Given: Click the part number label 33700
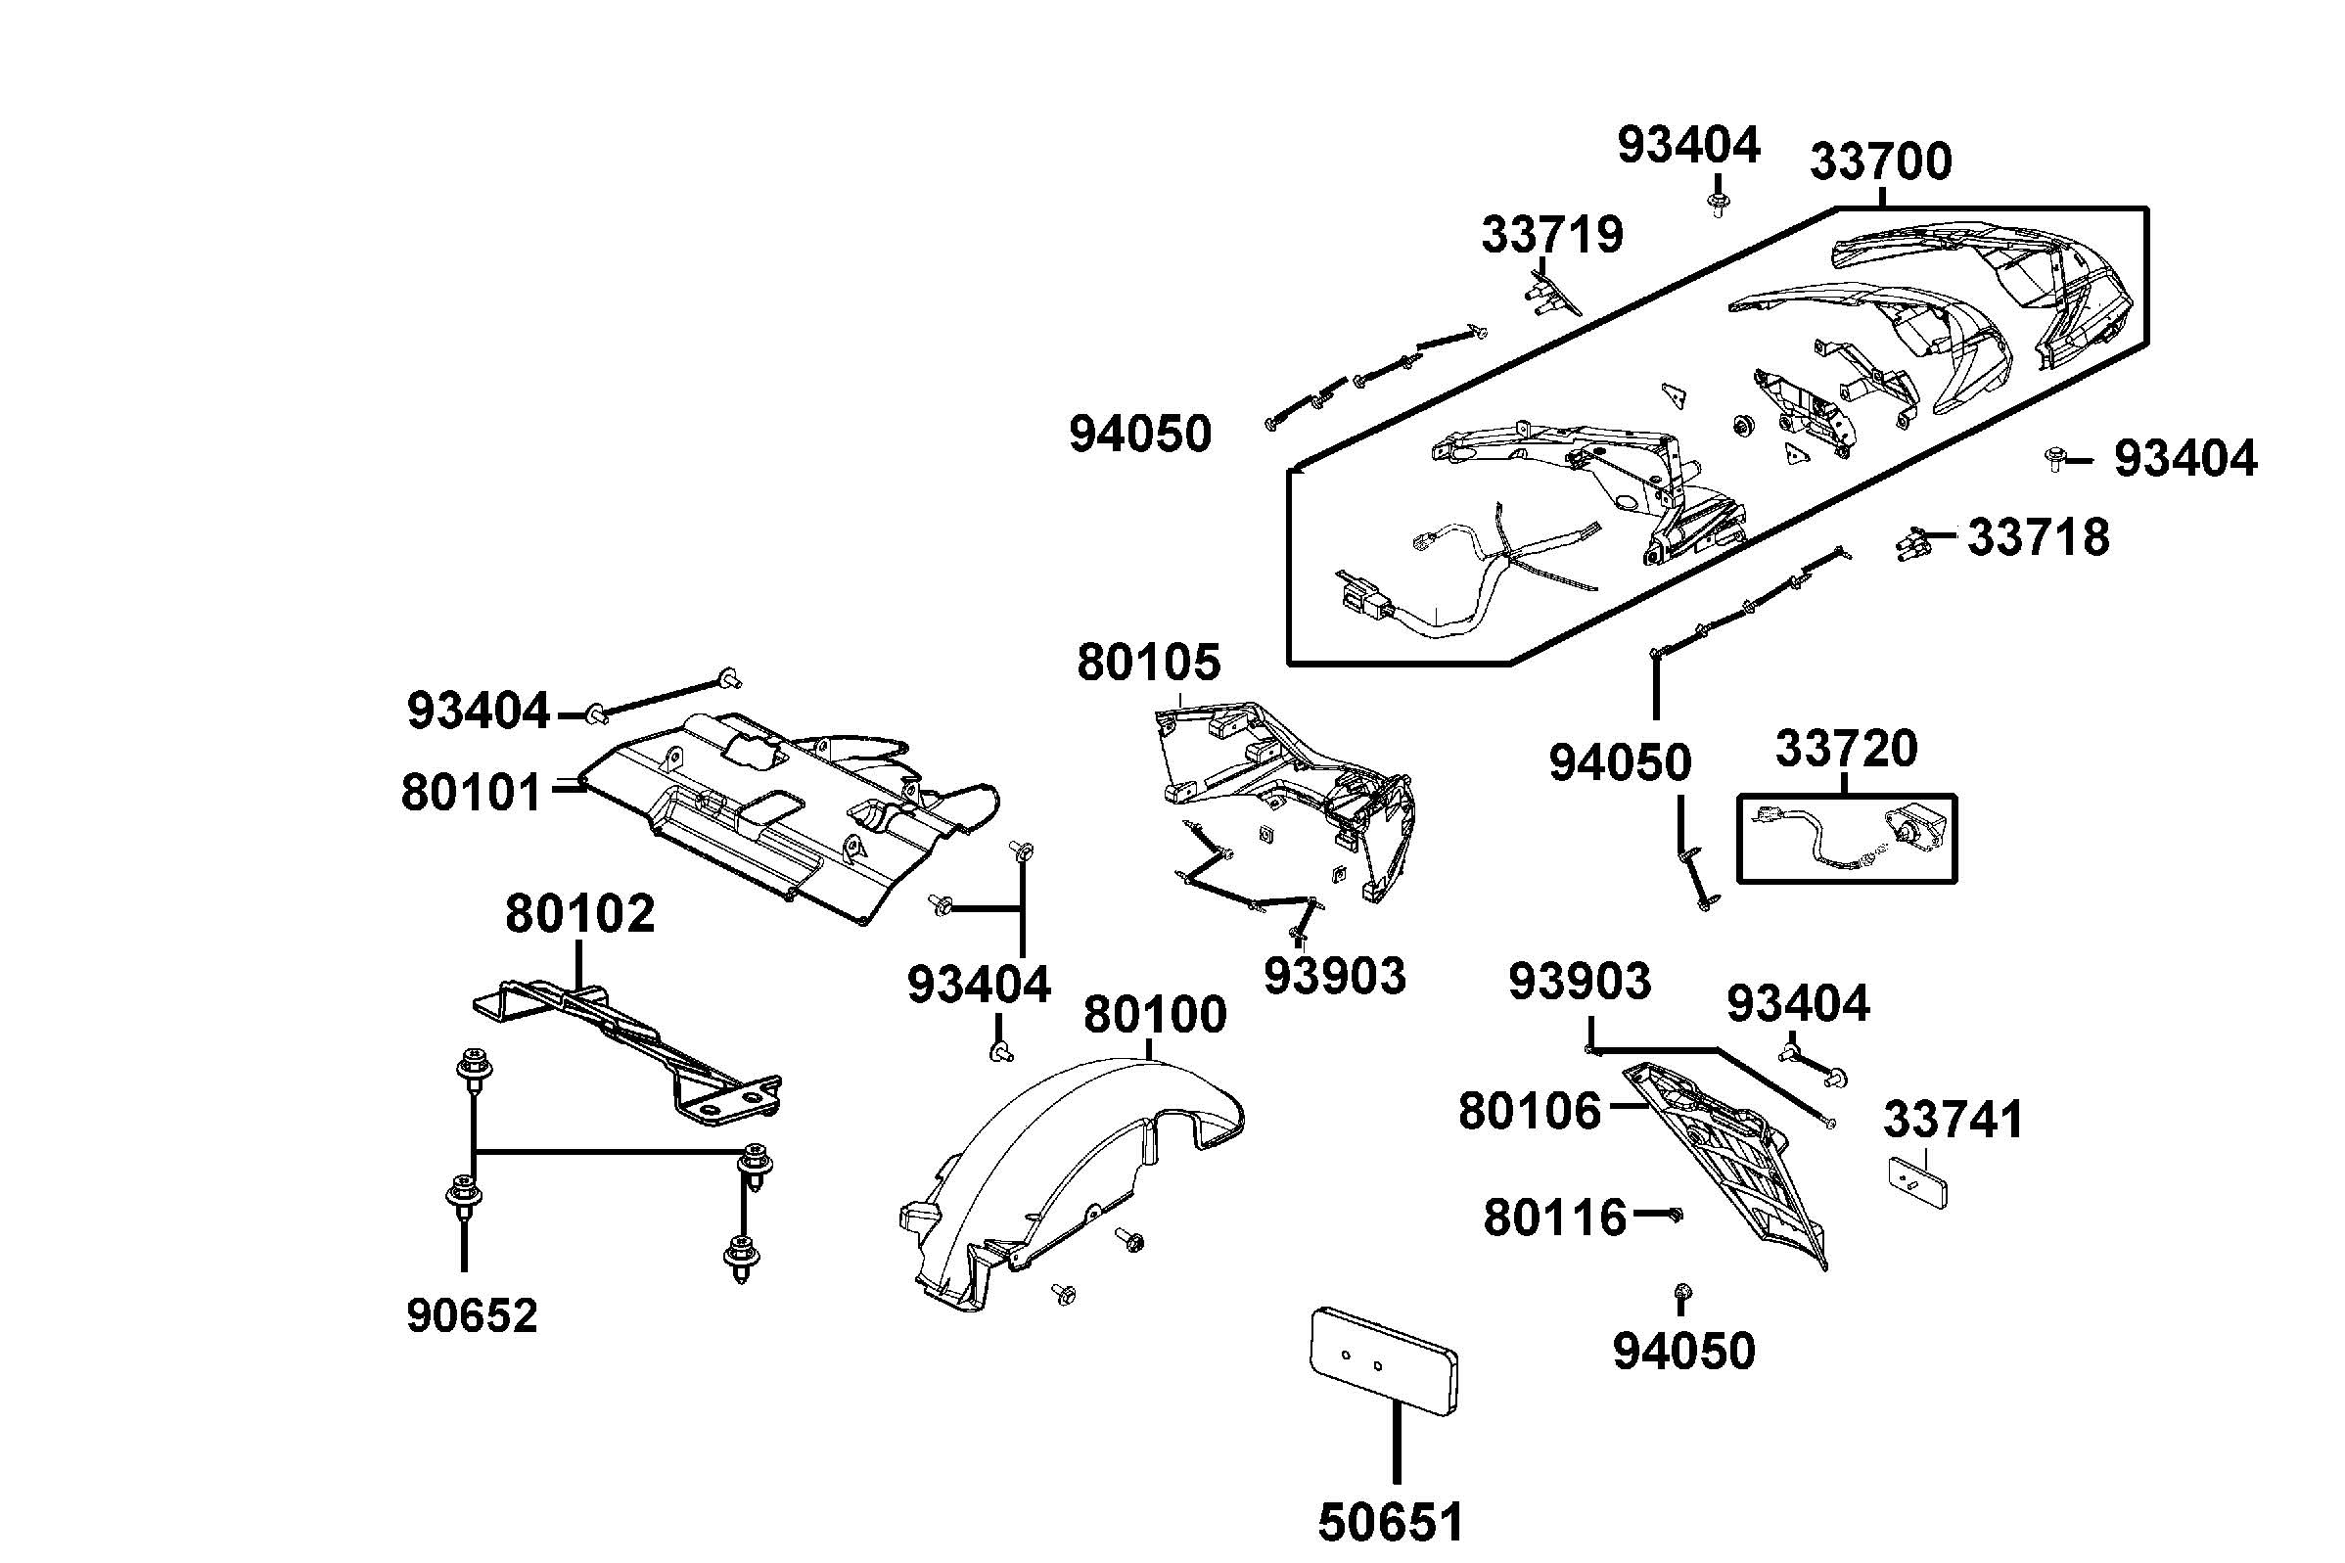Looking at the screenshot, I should [1879, 161].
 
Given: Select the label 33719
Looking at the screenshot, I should [1551, 235].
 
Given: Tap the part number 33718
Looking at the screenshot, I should [2038, 538].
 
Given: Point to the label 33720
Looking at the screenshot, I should [1846, 749].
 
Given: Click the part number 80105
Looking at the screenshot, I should [1148, 663].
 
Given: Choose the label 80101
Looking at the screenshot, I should [471, 794].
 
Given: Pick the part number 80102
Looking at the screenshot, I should [579, 914].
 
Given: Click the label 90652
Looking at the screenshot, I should [472, 1315].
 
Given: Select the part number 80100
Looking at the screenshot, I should [1154, 1016].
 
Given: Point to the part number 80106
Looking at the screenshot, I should [1529, 1112].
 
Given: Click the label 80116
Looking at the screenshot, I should [1555, 1218].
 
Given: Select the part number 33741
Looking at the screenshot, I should [1954, 1121].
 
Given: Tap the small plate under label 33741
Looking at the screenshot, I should [1917, 1182].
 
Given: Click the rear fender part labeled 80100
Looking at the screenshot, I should [1067, 1176].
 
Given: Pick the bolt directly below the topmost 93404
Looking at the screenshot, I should [1717, 207].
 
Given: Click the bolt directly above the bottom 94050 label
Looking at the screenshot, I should [1682, 1294].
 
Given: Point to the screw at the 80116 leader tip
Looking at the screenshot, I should [1675, 1215].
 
